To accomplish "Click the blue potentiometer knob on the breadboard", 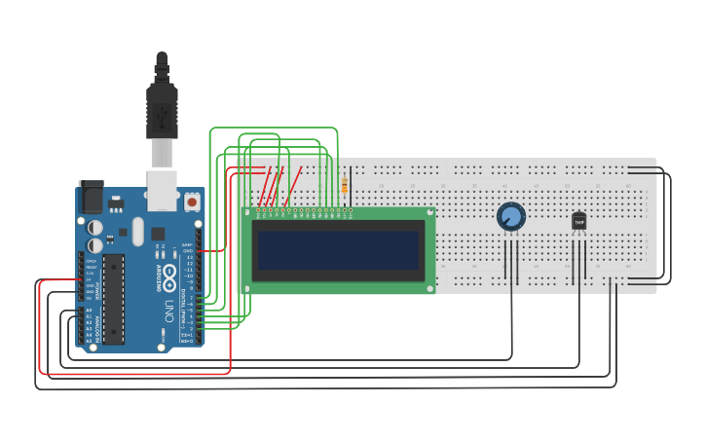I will click(510, 216).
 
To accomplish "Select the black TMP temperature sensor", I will click(579, 222).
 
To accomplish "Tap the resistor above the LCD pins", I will click(345, 185).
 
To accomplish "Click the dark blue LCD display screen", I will click(338, 250).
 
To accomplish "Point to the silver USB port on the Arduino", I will click(162, 190).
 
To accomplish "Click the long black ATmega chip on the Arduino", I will click(114, 299).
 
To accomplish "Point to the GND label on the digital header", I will click(188, 250).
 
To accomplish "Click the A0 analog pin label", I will click(89, 311).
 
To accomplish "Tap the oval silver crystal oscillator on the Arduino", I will click(137, 231).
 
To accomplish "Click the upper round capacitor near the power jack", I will click(95, 227).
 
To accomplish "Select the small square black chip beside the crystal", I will click(110, 236).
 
